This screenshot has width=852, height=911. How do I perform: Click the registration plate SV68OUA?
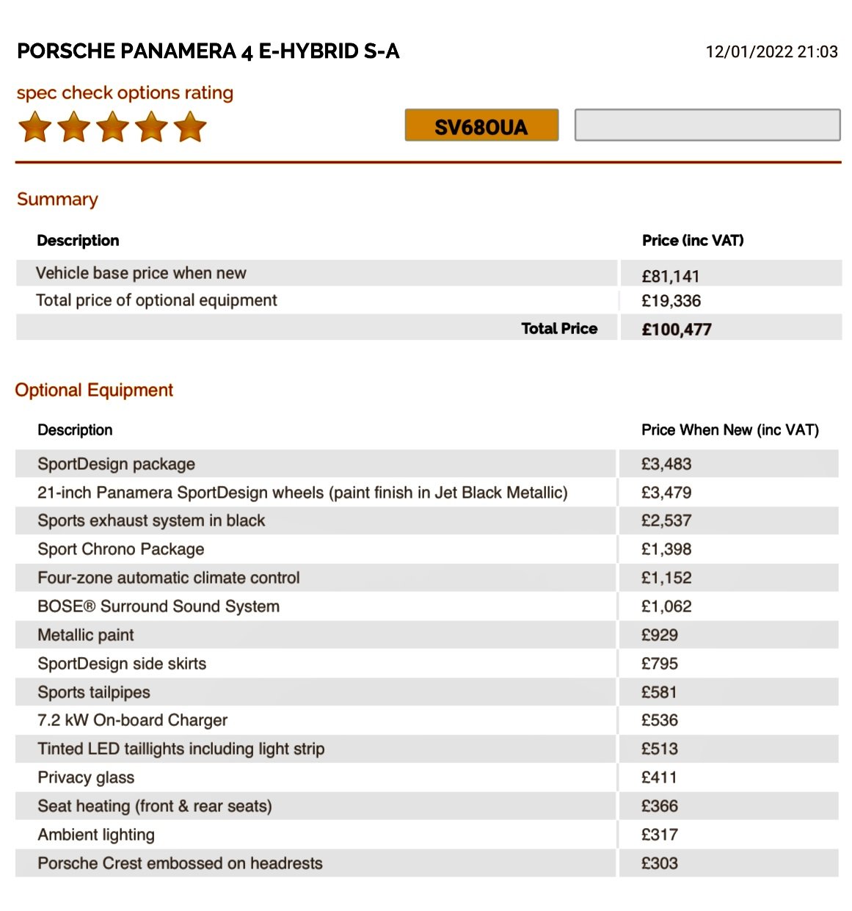481,126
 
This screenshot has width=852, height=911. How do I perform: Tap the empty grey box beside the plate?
707,125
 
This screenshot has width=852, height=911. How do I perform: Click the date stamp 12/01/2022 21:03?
771,51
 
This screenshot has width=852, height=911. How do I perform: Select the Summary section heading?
57,200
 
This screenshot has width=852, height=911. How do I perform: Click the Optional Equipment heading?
94,390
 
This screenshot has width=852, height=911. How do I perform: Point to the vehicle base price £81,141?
670,277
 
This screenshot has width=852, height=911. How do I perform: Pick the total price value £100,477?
676,330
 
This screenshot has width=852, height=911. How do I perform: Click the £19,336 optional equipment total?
671,301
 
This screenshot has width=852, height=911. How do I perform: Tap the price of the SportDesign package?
666,464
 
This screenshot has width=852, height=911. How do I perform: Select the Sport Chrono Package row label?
121,549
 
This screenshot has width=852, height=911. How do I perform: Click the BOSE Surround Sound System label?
159,606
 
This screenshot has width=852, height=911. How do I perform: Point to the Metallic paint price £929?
659,635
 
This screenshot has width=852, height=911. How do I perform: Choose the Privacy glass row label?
86,777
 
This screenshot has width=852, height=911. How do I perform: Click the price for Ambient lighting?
659,835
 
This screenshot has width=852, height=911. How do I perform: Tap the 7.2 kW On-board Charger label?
132,720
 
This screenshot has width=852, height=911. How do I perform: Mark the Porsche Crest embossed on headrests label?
180,863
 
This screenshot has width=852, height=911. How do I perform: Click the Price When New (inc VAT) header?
729,430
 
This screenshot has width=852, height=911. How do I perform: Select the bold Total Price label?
559,329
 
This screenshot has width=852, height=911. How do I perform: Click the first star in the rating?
35,127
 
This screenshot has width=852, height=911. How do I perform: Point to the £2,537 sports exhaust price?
666,520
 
